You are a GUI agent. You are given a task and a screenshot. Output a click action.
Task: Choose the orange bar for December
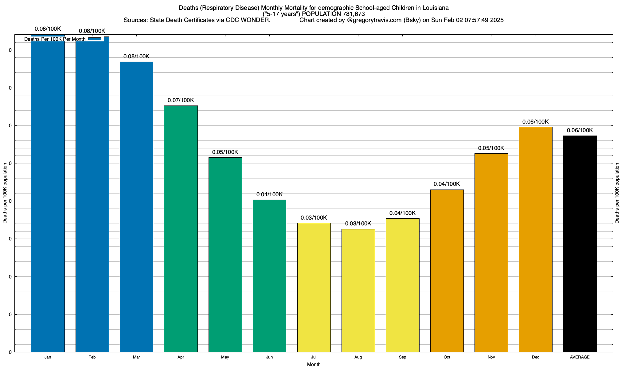535,240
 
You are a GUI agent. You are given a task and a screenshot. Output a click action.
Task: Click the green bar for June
269,276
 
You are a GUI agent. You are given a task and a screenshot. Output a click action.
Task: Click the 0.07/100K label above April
181,100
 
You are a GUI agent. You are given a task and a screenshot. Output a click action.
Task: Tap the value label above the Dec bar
535,122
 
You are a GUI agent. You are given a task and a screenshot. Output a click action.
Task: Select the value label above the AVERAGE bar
580,130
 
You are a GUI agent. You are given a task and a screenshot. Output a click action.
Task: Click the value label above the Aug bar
358,224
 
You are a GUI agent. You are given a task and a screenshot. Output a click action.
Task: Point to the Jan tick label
48,357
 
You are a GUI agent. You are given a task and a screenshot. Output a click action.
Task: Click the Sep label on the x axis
402,357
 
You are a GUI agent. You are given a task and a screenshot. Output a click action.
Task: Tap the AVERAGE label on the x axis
580,357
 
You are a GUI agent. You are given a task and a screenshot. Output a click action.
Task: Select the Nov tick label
491,357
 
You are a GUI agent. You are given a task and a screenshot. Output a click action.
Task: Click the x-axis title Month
314,364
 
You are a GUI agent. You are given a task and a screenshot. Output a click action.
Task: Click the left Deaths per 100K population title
5,193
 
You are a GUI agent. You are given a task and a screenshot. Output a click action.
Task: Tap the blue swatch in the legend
95,39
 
